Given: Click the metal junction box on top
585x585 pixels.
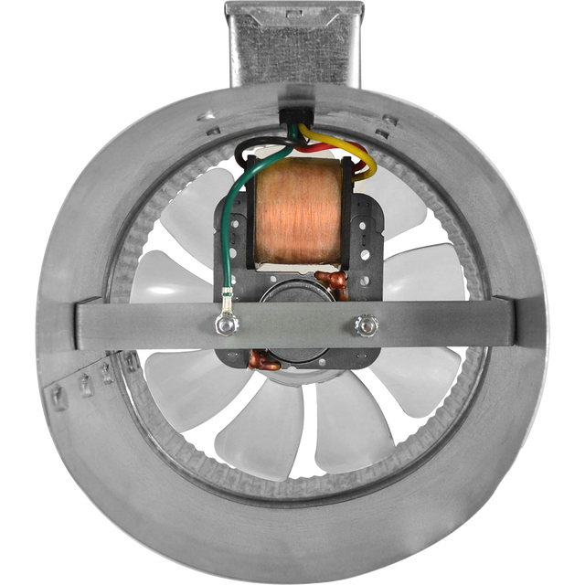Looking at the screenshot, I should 293,41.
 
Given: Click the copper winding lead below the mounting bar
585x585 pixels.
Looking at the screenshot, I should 262,361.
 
